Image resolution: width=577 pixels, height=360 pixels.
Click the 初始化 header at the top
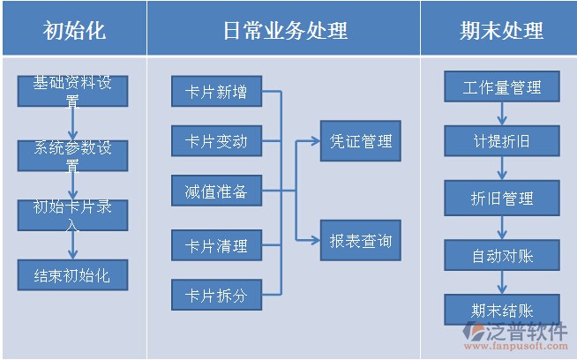(x=73, y=30)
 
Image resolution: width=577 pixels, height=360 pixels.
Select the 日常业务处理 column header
(x=285, y=30)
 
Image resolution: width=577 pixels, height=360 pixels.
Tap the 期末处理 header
(x=501, y=30)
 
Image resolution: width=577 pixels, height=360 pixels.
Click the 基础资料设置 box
(x=73, y=91)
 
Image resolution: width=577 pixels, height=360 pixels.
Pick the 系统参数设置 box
(x=73, y=155)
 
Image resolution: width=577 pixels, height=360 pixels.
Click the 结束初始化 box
(x=73, y=275)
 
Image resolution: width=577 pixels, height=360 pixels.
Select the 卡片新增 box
(x=216, y=92)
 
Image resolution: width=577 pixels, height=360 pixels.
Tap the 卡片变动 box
(x=216, y=141)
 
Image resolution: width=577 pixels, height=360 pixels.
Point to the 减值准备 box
(x=216, y=191)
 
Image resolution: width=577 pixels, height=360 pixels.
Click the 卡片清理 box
(x=216, y=245)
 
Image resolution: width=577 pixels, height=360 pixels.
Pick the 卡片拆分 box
(x=216, y=296)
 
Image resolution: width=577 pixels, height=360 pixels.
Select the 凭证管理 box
(x=360, y=140)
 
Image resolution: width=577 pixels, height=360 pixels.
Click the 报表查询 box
(x=360, y=240)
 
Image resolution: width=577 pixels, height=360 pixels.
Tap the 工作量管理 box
(x=502, y=87)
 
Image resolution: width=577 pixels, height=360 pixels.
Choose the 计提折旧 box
(x=502, y=140)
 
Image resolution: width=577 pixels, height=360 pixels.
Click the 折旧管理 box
(x=502, y=199)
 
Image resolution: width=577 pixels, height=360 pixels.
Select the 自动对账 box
(x=502, y=257)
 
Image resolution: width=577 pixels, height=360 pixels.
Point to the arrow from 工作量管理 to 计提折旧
(x=502, y=114)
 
